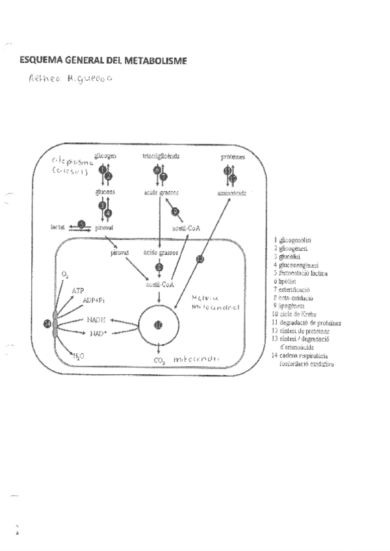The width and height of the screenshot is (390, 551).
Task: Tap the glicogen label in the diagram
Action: tap(105, 157)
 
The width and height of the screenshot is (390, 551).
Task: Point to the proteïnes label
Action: tap(232, 158)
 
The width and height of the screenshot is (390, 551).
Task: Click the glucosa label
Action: tap(105, 193)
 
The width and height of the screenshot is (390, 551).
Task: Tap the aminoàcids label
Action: tap(231, 194)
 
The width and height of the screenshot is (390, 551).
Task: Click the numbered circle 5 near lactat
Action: tap(81, 224)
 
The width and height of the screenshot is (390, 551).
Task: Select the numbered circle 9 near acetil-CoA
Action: tap(175, 212)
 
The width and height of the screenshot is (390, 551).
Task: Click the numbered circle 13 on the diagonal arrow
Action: tap(200, 260)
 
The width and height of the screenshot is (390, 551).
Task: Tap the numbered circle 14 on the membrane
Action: tap(47, 323)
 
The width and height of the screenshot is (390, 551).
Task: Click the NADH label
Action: tap(95, 320)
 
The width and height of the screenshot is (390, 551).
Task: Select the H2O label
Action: tap(77, 356)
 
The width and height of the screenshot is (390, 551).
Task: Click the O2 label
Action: tap(65, 275)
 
